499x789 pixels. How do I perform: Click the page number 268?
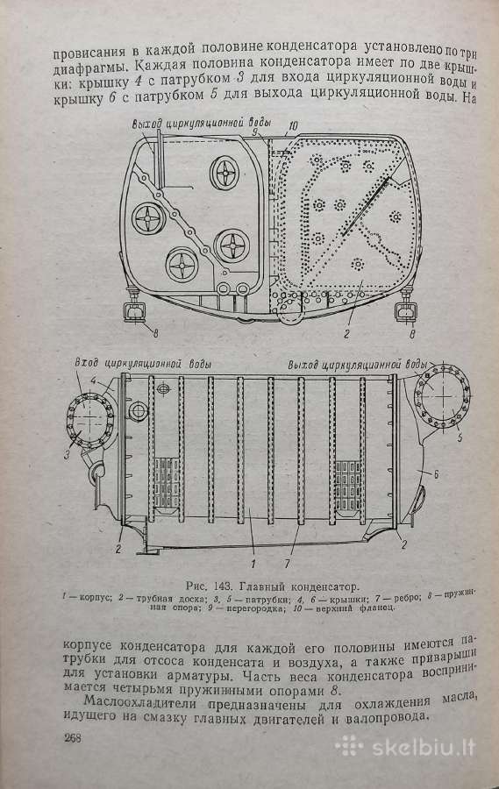[x=73, y=738]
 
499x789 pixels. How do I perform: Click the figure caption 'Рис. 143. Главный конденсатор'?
[x=273, y=586]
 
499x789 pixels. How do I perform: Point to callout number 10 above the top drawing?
[x=293, y=125]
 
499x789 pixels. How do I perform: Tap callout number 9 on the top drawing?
[x=255, y=132]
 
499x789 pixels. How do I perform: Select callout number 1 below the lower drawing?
[x=253, y=563]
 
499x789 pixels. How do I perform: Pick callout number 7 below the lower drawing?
[x=287, y=564]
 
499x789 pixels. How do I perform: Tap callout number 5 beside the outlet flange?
[x=460, y=437]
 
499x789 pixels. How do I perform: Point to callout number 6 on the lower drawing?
[x=436, y=474]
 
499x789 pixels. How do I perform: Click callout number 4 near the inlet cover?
[x=93, y=381]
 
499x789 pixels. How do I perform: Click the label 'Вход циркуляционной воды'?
[x=142, y=363]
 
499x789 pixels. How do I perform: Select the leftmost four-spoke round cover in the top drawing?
[x=149, y=219]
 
